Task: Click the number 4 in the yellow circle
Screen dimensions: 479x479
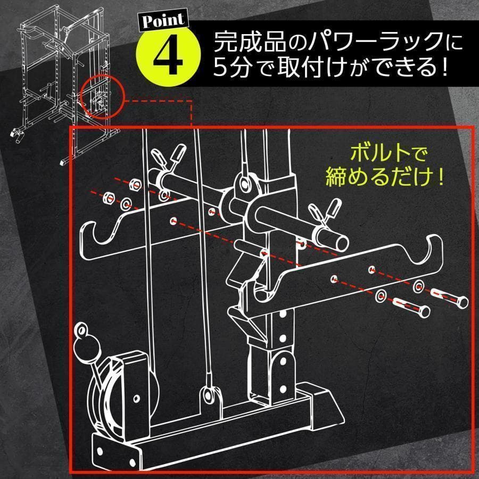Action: pos(168,56)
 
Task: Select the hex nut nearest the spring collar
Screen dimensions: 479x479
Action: pos(135,185)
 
